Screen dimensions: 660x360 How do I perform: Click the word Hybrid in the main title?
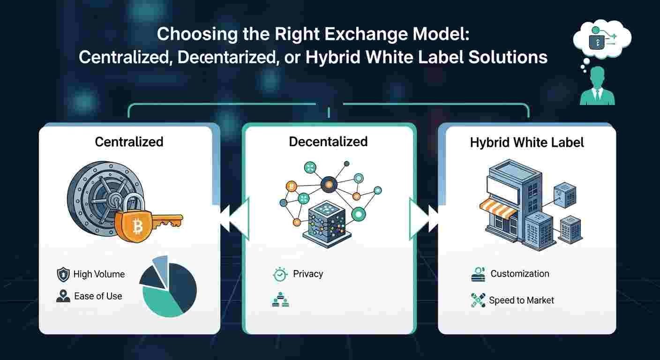[x=333, y=58]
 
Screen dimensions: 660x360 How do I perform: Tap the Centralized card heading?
[x=129, y=142]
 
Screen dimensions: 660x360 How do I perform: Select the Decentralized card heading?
[x=328, y=142]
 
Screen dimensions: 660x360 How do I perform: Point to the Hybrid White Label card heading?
[x=527, y=142]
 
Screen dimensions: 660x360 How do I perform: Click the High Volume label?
[x=99, y=274]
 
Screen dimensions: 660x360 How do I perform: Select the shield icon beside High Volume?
[x=63, y=275]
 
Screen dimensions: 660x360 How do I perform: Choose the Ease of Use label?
[x=98, y=296]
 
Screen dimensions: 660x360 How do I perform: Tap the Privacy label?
[x=308, y=274]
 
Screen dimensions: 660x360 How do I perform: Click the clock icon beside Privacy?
[x=280, y=275]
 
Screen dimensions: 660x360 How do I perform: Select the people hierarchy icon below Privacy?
[x=280, y=300]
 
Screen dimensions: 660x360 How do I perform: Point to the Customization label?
[x=520, y=274]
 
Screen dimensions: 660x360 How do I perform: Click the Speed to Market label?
[x=522, y=300]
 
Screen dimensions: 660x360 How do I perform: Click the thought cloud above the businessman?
[x=602, y=38]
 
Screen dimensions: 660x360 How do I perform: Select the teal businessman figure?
[x=597, y=86]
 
